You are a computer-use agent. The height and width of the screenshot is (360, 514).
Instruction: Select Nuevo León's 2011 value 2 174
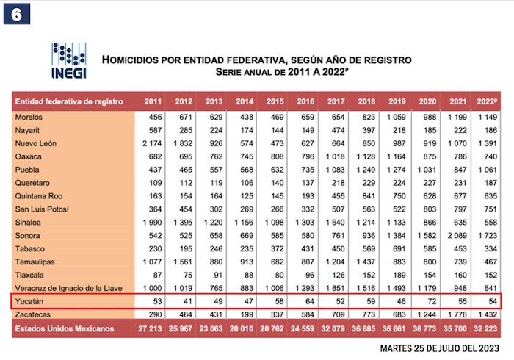coord(153,143)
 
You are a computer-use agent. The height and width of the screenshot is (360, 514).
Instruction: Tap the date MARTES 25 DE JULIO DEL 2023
coord(441,348)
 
